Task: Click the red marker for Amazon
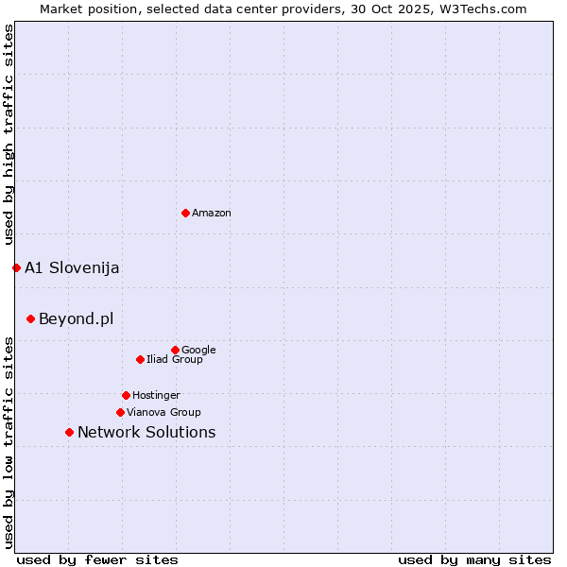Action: pyautogui.click(x=185, y=213)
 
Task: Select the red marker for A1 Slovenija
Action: pyautogui.click(x=16, y=267)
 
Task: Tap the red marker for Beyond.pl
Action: pyautogui.click(x=30, y=318)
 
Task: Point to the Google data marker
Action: pyautogui.click(x=175, y=350)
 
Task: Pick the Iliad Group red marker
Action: pyautogui.click(x=140, y=359)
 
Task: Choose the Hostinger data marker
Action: pyautogui.click(x=126, y=395)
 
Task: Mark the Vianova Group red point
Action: pyautogui.click(x=120, y=412)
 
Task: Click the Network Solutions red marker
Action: pyautogui.click(x=69, y=432)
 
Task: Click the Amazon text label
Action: pyautogui.click(x=212, y=214)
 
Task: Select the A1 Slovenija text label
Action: pyautogui.click(x=72, y=267)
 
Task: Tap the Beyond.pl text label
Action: pyautogui.click(x=76, y=318)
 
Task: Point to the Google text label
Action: pyautogui.click(x=198, y=350)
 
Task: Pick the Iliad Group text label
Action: pyautogui.click(x=175, y=359)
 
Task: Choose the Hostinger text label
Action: pyautogui.click(x=156, y=395)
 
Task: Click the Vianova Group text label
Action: pyautogui.click(x=163, y=412)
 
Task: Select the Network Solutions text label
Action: pyautogui.click(x=146, y=432)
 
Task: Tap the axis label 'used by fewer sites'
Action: pyautogui.click(x=97, y=559)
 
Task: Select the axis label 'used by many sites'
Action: pyautogui.click(x=474, y=559)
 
